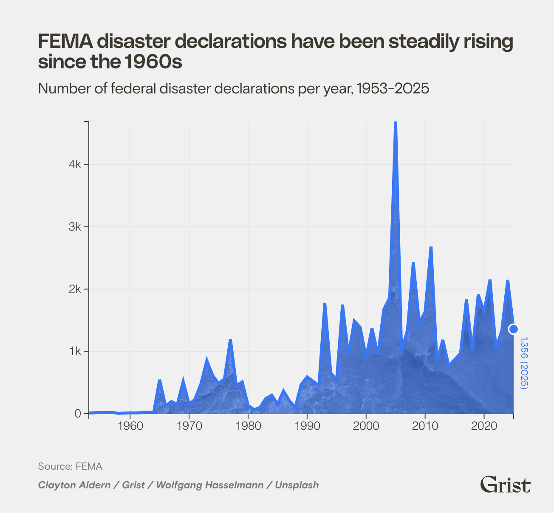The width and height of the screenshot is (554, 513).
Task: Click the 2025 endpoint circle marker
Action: [x=513, y=329]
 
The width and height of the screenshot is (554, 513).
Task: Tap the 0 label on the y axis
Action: [x=78, y=414]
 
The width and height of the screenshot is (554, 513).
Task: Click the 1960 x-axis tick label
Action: [x=130, y=426]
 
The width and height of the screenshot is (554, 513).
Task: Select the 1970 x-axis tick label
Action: [x=189, y=426]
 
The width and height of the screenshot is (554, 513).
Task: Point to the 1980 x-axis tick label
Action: [x=248, y=426]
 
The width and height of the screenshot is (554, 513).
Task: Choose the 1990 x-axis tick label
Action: [x=307, y=426]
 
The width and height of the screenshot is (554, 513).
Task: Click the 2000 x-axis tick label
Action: [x=366, y=426]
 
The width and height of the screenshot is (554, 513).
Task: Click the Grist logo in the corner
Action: [x=505, y=485]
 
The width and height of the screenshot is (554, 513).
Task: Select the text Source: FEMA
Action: [x=70, y=466]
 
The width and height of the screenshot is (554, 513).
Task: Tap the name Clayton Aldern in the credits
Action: [x=74, y=485]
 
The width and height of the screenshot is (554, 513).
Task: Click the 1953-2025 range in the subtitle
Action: [x=393, y=89]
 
